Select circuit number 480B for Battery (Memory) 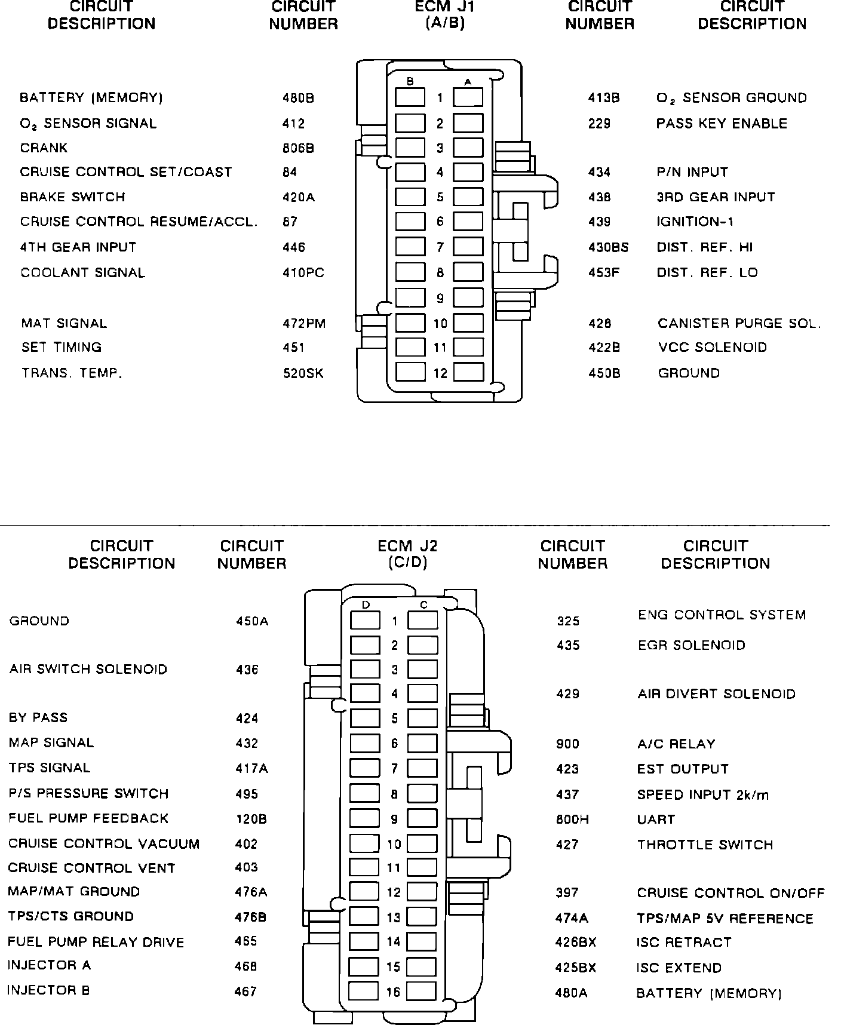click(x=298, y=98)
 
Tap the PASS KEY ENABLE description click(x=722, y=124)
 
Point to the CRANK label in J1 click(x=44, y=148)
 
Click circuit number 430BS click(x=608, y=247)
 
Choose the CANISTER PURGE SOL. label click(x=739, y=324)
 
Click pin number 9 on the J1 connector click(x=440, y=298)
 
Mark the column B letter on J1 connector click(x=410, y=82)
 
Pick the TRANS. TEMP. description click(x=72, y=373)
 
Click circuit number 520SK click(x=303, y=373)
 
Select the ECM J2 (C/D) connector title click(x=407, y=554)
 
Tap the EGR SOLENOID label click(x=692, y=646)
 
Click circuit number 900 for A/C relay click(x=567, y=744)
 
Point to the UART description click(x=656, y=820)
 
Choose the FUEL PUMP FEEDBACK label click(x=88, y=818)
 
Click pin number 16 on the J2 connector click(x=393, y=992)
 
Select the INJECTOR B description click(x=48, y=990)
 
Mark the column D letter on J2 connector click(x=366, y=605)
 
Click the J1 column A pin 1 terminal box click(x=468, y=97)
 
